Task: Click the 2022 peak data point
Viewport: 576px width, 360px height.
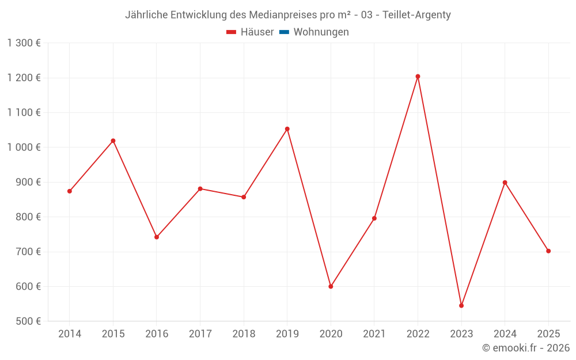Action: point(418,76)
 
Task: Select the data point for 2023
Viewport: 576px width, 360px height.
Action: point(461,305)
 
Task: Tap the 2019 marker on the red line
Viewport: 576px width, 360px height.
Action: point(287,129)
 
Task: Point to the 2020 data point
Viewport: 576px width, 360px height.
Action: point(331,286)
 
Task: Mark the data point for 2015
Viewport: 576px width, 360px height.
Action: point(113,141)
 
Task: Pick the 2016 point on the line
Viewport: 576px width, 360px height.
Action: point(157,237)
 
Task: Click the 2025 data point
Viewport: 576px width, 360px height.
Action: point(548,251)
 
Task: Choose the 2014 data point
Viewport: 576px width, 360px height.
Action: point(70,191)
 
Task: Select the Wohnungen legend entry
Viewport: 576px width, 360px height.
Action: point(321,32)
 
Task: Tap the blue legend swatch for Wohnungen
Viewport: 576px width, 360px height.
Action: point(284,32)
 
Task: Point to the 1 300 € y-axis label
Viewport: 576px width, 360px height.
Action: point(24,43)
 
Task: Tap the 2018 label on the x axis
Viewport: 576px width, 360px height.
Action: point(244,334)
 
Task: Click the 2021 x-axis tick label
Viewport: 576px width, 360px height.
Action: point(374,334)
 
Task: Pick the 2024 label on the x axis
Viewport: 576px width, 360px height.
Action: point(505,334)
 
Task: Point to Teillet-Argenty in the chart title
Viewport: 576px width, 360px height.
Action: point(416,15)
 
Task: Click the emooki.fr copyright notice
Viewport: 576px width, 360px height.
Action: point(525,348)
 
